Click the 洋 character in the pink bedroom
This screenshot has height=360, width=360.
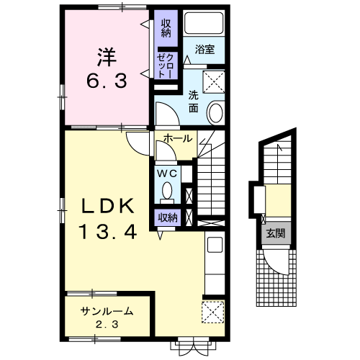coord(107,57)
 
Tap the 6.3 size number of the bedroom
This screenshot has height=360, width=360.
coord(107,81)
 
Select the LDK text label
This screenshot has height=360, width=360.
coord(108,206)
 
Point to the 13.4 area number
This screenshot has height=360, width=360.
coord(108,231)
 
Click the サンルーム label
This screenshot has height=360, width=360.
coord(107,311)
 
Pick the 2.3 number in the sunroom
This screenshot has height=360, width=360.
coord(107,325)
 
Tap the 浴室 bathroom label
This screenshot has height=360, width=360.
coord(204,49)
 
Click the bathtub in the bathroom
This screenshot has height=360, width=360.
coord(204,24)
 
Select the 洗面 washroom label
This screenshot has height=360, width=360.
coord(193,102)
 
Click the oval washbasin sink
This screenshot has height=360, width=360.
coord(216,113)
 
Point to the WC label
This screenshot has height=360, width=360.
coord(167,174)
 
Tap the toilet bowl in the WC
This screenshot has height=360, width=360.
coord(167,191)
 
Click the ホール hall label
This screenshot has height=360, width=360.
coord(178,138)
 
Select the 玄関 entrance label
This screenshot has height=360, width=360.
coord(276,233)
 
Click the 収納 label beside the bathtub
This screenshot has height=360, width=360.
coord(166,28)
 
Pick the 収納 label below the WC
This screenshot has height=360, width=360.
coord(168,217)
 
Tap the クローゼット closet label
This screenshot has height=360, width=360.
coord(165,66)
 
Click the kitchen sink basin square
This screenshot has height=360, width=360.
coord(215,245)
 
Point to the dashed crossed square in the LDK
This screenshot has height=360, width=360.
coord(213,312)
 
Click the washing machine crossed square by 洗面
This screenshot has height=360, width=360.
coord(214,81)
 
